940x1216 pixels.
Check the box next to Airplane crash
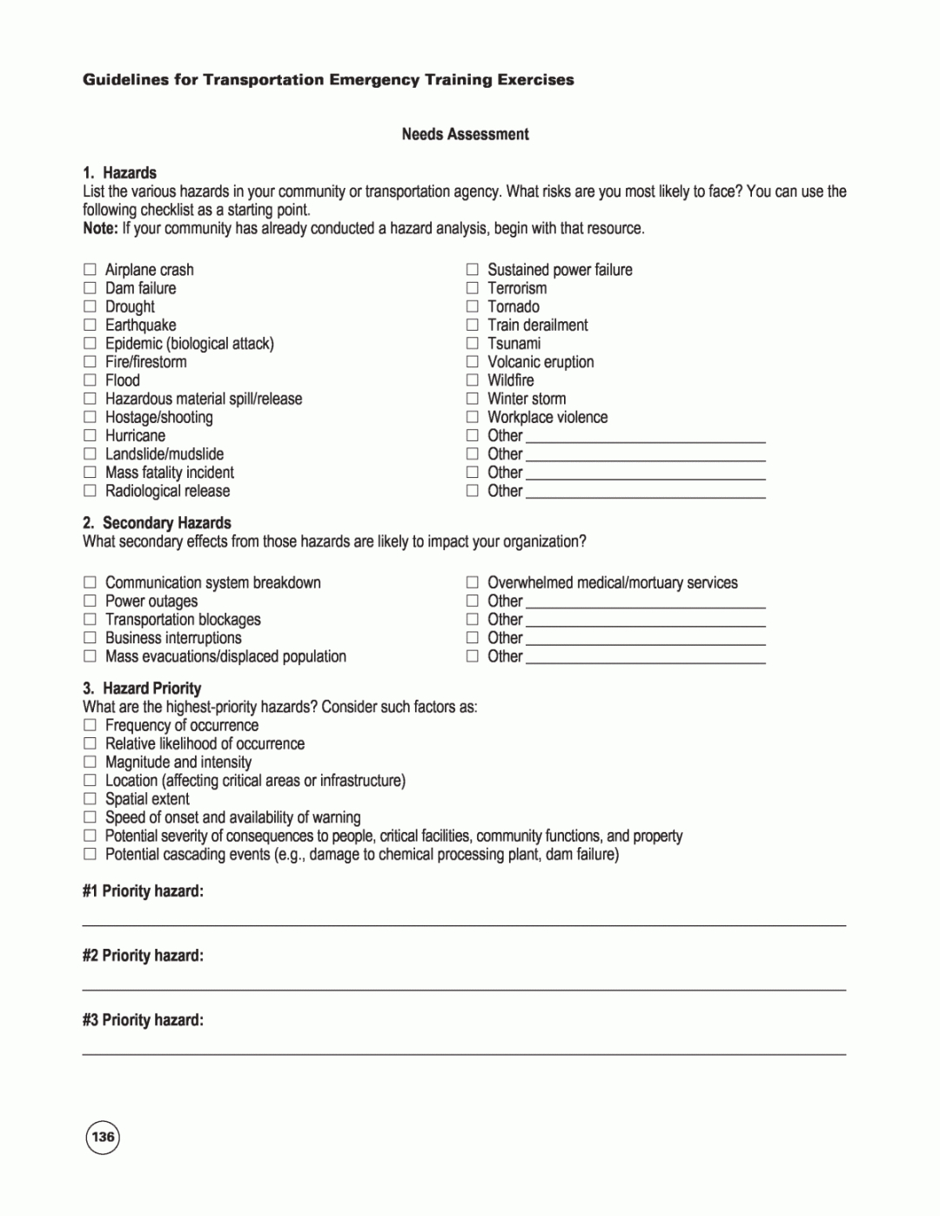90,270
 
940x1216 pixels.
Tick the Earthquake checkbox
90,325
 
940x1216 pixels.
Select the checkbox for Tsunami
472,343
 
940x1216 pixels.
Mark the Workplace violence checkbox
472,417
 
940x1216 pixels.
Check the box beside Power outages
90,601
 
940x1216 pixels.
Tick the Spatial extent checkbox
90,798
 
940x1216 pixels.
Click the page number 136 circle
103,1137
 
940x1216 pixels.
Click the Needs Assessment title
465,134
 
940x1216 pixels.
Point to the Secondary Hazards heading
166,522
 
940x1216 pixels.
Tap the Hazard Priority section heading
151,688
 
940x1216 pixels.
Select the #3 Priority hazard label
143,1019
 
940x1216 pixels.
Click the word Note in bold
100,228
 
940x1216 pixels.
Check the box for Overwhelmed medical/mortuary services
472,582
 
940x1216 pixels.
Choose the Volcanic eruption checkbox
472,361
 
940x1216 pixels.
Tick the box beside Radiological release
90,490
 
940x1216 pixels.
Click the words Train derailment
537,325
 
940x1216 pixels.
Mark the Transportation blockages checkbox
90,619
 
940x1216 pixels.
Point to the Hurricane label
135,435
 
